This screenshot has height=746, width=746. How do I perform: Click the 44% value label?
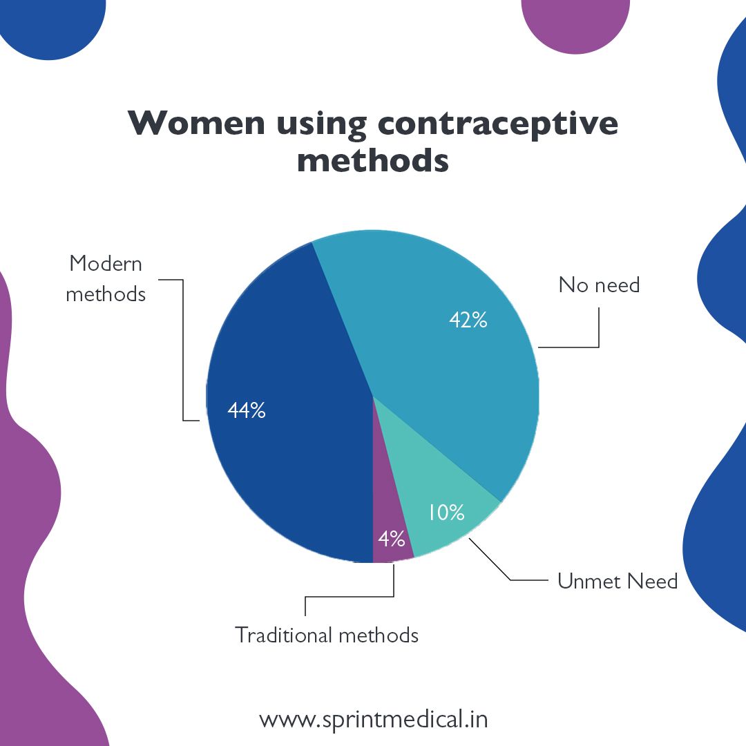[x=247, y=410]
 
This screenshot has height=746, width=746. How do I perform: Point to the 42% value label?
[x=468, y=320]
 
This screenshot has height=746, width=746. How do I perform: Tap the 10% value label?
[x=446, y=512]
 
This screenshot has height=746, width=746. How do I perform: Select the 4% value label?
[x=391, y=537]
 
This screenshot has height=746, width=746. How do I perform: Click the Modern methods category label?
[x=106, y=279]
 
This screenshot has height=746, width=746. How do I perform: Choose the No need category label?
[x=599, y=285]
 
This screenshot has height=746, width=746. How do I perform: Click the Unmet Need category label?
[x=618, y=581]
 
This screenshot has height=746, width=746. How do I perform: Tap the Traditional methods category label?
[x=327, y=634]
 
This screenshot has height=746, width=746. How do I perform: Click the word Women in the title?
[x=196, y=123]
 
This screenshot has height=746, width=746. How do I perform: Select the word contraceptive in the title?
[x=497, y=123]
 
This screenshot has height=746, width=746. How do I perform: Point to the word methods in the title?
[x=372, y=160]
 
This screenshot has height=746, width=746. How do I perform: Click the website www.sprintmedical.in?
[x=373, y=719]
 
